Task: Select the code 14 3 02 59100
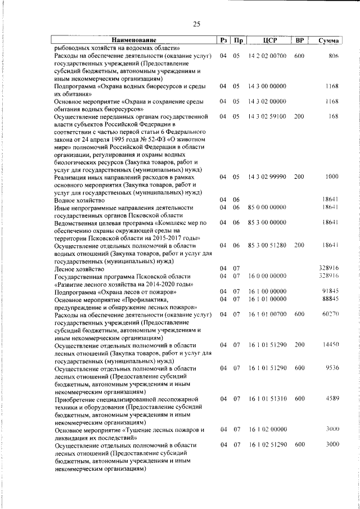coord(267,116)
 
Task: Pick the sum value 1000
coord(331,177)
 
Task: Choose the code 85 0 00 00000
coord(267,208)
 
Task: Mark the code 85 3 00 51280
coord(267,245)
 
